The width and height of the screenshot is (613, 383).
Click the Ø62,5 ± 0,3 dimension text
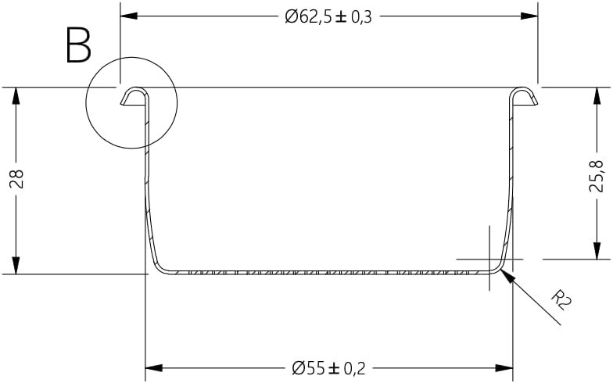pyautogui.click(x=328, y=16)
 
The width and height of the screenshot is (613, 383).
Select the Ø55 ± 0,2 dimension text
pyautogui.click(x=328, y=367)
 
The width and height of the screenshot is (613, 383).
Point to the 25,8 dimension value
pyautogui.click(x=597, y=177)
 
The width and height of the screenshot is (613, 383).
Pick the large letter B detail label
pyautogui.click(x=78, y=46)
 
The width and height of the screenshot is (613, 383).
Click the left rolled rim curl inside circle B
pyautogui.click(x=134, y=96)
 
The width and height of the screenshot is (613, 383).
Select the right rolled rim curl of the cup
pyautogui.click(x=523, y=96)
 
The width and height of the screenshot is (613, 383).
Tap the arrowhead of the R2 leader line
pyautogui.click(x=505, y=274)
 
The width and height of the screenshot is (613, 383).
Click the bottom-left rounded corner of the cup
pyautogui.click(x=157, y=265)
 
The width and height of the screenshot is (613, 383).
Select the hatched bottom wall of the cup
pyautogui.click(x=328, y=273)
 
